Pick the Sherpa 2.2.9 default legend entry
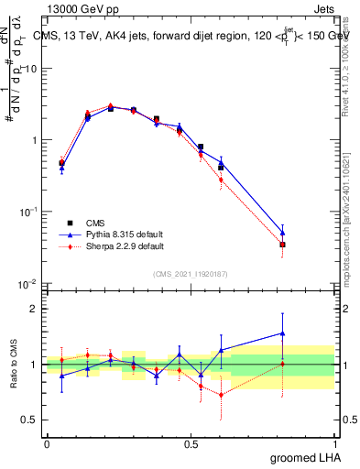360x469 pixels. point(115,246)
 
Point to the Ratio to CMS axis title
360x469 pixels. point(13,363)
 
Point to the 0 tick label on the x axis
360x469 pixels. point(47,443)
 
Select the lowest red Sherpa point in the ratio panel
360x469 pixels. point(221,395)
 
